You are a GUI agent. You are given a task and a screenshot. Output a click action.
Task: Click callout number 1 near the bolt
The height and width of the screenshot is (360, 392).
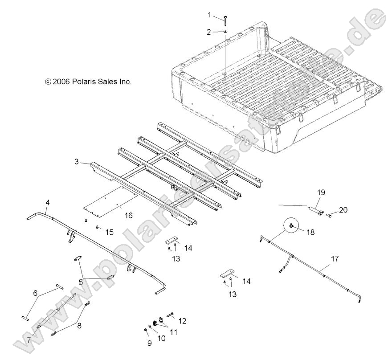pos(209,15)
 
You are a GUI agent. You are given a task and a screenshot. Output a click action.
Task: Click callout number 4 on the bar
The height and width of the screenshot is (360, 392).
pos(47,203)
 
